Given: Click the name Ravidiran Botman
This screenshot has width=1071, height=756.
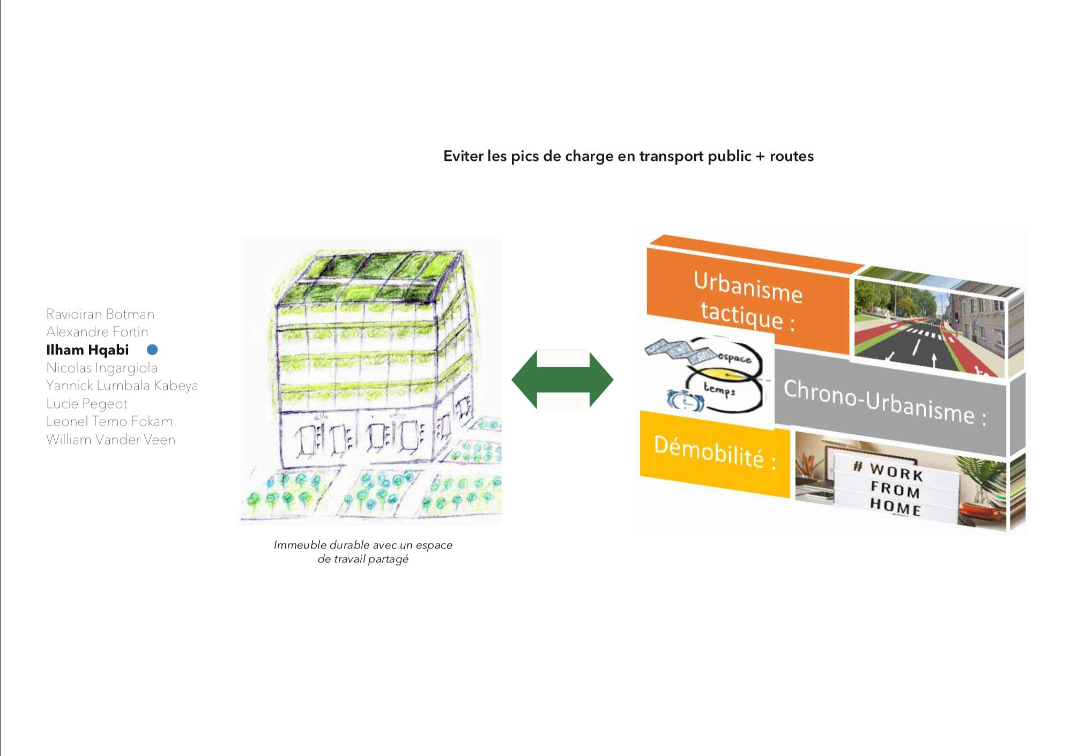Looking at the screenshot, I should tap(100, 314).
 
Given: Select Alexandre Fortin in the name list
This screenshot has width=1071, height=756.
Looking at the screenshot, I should tap(97, 332).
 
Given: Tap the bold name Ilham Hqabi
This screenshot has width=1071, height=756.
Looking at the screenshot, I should tap(87, 350).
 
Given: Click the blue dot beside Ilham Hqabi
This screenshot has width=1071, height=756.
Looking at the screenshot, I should tap(152, 350).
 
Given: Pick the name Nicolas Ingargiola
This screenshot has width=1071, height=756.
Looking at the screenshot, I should tap(102, 368).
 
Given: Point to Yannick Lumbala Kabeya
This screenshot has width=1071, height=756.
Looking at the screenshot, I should tap(122, 386).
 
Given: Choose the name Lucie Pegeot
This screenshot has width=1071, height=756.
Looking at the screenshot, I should tap(87, 404).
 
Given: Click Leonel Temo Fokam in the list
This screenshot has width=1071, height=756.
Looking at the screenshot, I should tap(109, 421).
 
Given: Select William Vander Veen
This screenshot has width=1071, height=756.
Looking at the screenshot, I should tap(110, 440).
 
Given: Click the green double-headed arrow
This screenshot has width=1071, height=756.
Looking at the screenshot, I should tap(562, 380).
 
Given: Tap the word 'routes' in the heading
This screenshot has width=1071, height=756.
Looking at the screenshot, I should tap(792, 156).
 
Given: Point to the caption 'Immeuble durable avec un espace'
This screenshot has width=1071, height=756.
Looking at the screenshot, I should tap(363, 545).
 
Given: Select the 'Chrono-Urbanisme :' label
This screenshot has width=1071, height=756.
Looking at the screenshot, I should tap(884, 402).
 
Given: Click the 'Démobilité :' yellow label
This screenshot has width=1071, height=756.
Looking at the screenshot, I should tap(715, 453).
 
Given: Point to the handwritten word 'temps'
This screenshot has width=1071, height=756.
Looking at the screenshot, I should tap(719, 389).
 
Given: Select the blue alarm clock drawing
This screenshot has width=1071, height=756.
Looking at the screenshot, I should tap(685, 400).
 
